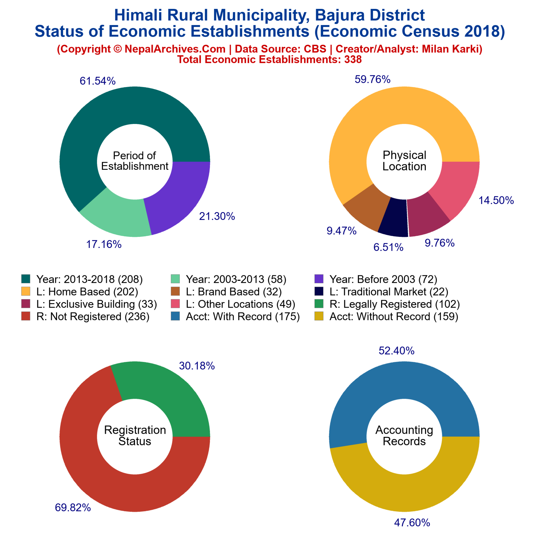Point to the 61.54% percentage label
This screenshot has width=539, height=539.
[x=97, y=81]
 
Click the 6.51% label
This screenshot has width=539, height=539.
[x=388, y=247]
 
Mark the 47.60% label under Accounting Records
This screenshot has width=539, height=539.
[x=412, y=522]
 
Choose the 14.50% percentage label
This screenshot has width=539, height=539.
[x=496, y=201]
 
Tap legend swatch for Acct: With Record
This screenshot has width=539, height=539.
[x=175, y=317]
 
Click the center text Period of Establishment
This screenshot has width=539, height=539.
[x=135, y=161]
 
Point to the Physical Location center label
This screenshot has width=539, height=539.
[x=404, y=161]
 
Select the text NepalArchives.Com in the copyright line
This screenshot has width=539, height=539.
[x=175, y=49]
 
